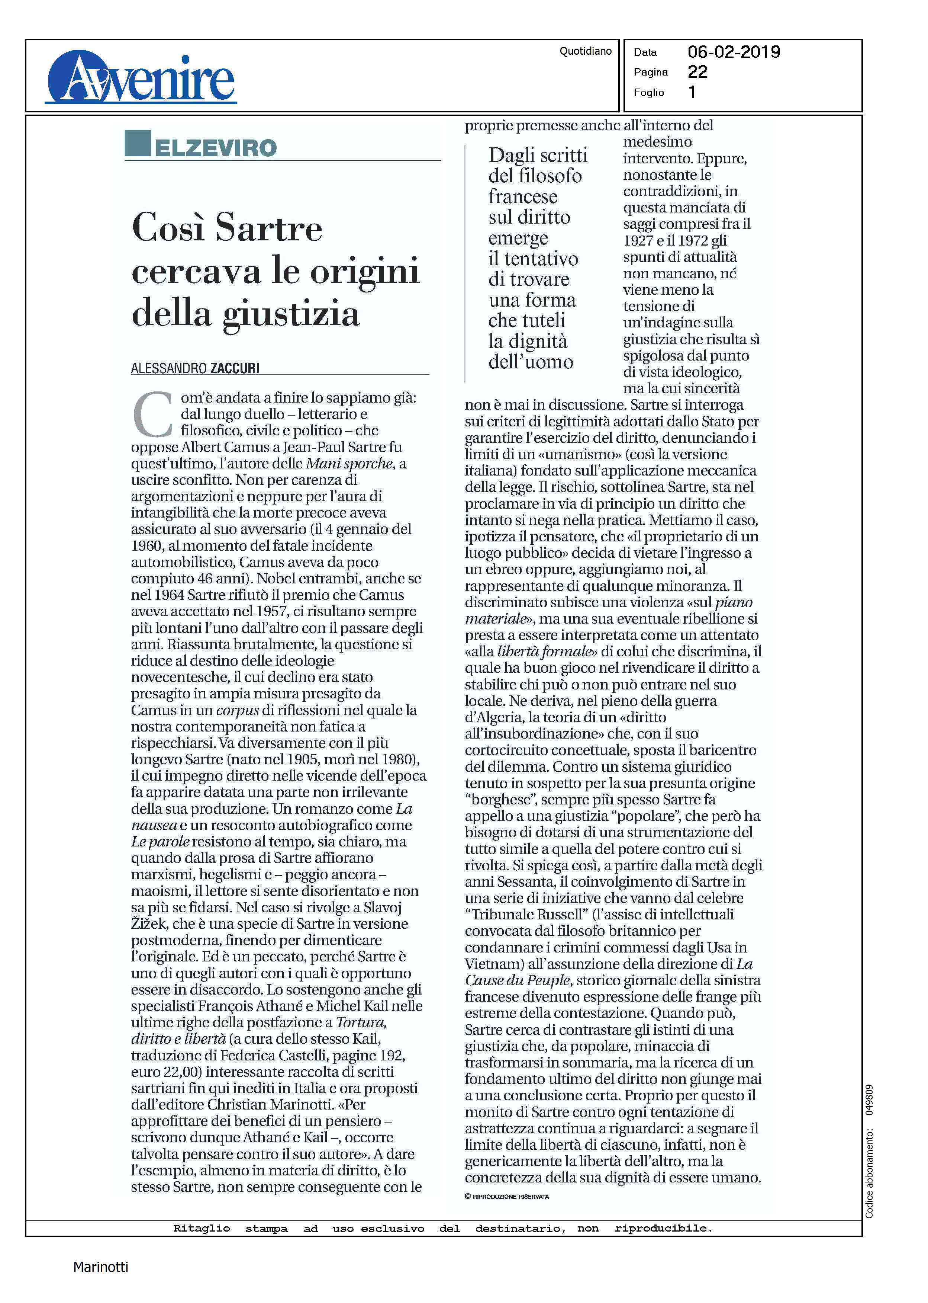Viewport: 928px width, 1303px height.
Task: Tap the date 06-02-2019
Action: (733, 52)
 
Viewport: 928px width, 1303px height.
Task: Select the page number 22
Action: (697, 72)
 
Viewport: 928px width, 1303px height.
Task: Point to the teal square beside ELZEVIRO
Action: (138, 143)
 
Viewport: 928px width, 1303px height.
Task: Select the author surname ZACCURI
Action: (235, 369)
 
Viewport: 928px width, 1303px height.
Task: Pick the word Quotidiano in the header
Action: (585, 51)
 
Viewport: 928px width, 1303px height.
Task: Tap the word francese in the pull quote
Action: (522, 197)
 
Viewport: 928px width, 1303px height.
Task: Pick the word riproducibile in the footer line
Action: (663, 1229)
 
